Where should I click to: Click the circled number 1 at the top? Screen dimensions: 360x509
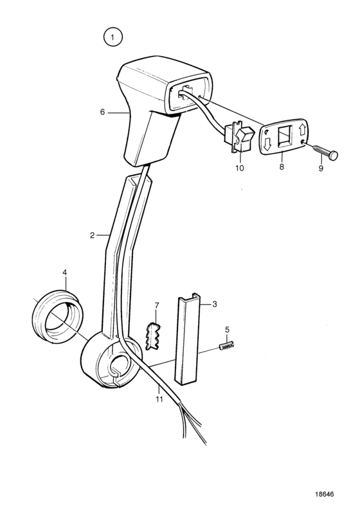(x=113, y=37)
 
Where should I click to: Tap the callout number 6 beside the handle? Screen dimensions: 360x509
(x=103, y=112)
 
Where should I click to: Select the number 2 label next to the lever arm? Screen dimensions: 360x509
(x=92, y=235)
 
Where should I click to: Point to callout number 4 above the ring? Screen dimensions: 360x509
(x=64, y=272)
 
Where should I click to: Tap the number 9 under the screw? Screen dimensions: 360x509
(x=321, y=168)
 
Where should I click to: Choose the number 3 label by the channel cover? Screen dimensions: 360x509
(x=215, y=304)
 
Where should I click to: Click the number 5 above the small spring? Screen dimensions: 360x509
(x=227, y=330)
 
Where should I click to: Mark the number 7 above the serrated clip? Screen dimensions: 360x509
(x=157, y=305)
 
